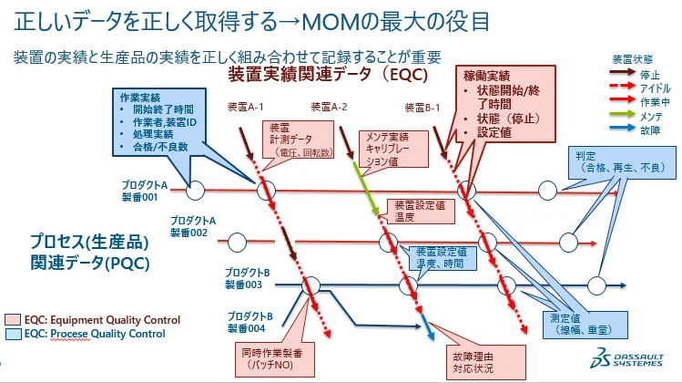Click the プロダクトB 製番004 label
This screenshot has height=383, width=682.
pos(247,321)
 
